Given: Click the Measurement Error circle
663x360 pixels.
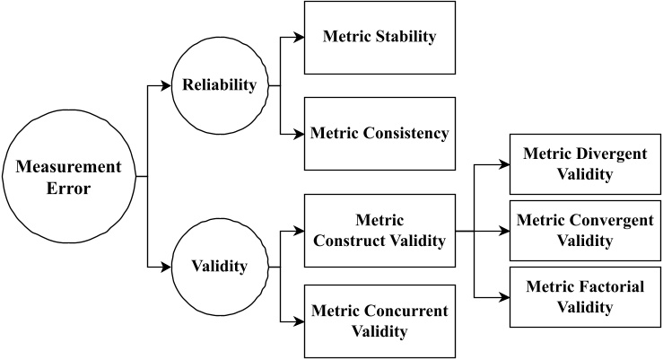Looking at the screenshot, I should [66, 178].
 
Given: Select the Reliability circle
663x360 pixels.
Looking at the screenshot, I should [221, 86].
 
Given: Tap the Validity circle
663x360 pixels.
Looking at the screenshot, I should [221, 267].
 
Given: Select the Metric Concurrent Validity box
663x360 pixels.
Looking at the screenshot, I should [379, 320].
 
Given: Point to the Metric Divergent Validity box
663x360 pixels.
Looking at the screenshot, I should [585, 163].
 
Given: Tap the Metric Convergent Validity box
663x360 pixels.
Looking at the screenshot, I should [585, 230].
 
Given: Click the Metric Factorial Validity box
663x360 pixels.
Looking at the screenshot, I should [585, 296].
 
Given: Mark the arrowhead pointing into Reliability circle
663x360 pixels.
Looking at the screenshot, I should [167, 86].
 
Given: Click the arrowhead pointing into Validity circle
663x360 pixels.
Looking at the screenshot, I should [167, 267].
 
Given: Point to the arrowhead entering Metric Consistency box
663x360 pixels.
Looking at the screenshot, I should [299, 134].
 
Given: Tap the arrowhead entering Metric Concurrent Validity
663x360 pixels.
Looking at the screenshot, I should [299, 321].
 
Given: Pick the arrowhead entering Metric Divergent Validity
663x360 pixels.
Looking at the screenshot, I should [504, 164].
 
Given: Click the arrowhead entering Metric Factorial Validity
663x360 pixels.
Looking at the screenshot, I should [504, 296].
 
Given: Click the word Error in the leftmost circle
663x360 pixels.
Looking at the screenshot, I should [66, 189].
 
